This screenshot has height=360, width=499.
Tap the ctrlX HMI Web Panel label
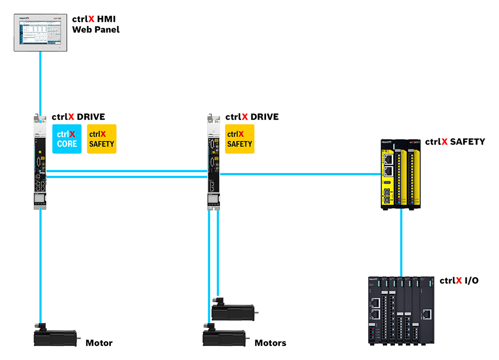pyautogui.click(x=96, y=25)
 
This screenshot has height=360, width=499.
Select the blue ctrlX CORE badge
pyautogui.click(x=67, y=139)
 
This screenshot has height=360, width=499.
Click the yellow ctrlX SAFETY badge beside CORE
pyautogui.click(x=101, y=139)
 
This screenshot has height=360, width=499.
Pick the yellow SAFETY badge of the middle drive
pyautogui.click(x=240, y=139)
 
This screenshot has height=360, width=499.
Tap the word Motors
pyautogui.click(x=270, y=343)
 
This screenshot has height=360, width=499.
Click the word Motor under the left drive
pyautogui.click(x=99, y=343)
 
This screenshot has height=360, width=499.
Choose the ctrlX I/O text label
pyautogui.click(x=459, y=280)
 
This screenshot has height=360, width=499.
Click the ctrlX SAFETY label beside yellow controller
pyautogui.click(x=455, y=142)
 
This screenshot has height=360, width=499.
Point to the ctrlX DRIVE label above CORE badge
pyautogui.click(x=78, y=117)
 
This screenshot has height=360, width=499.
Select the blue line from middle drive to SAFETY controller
pyautogui.click(x=299, y=174)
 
